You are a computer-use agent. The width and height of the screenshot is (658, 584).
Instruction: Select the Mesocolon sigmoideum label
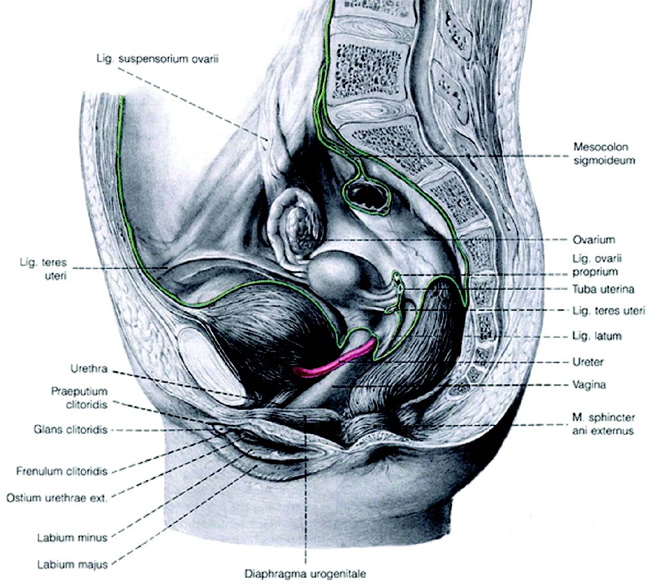pyautogui.click(x=601, y=153)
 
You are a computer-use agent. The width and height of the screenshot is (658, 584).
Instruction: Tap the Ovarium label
pyautogui.click(x=593, y=239)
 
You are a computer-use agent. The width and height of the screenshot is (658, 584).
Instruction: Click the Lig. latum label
pyautogui.click(x=596, y=336)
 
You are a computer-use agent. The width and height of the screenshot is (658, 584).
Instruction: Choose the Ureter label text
pyautogui.click(x=588, y=362)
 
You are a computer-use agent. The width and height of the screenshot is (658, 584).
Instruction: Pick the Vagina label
pyautogui.click(x=589, y=384)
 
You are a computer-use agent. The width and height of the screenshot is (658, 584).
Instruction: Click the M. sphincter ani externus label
pyautogui.click(x=604, y=424)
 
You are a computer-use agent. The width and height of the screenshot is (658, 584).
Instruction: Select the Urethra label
pyautogui.click(x=89, y=369)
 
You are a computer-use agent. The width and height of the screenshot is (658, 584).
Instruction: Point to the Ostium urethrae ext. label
pyautogui.click(x=57, y=497)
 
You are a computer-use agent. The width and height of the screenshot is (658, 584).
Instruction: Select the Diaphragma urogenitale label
pyautogui.click(x=305, y=574)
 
